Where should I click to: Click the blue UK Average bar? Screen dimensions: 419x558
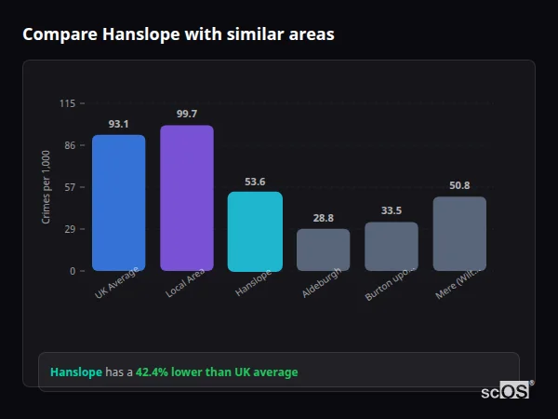[118, 203]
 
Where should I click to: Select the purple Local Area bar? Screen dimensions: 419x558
[186, 198]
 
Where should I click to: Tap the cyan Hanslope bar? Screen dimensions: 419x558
[255, 232]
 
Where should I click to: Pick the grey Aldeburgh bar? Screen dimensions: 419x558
[323, 250]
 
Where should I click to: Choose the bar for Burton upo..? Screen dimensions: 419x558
[391, 247]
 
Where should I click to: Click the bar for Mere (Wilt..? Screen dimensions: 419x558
[459, 234]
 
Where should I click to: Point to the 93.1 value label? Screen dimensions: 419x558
[118, 124]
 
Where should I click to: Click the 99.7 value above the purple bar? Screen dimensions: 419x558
[186, 114]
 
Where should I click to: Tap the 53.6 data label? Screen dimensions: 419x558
[255, 182]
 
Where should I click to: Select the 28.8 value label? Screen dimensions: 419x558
[323, 218]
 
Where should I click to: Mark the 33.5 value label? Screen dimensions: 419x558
[391, 211]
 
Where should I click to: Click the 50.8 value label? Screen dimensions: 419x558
[459, 185]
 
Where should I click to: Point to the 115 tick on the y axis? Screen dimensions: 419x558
[67, 103]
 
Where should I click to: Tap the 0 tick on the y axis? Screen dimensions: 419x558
[72, 271]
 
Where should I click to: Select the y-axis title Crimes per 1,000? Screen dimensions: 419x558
[46, 186]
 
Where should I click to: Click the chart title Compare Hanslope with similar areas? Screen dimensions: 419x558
[178, 34]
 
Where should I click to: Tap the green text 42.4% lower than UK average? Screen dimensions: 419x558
[217, 372]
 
